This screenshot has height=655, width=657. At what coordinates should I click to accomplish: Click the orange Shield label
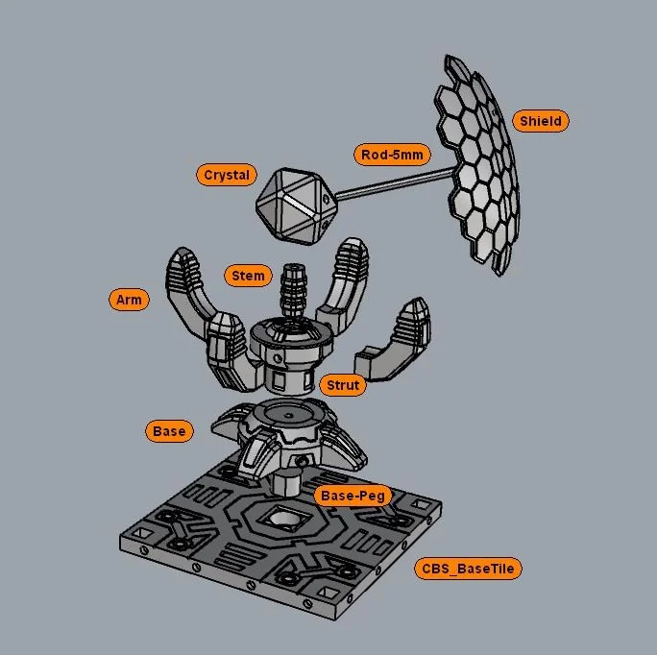click(541, 121)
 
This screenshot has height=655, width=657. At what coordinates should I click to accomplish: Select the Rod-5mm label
click(391, 154)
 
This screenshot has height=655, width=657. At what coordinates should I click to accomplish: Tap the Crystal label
click(227, 175)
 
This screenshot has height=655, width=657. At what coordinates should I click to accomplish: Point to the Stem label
click(248, 276)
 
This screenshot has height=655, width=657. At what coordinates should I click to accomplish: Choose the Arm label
click(129, 300)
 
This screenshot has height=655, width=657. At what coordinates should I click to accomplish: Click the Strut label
click(343, 385)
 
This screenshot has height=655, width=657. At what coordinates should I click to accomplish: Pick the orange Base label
click(169, 431)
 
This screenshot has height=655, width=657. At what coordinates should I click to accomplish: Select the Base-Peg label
click(353, 496)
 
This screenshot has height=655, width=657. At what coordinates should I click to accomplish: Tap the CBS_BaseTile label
click(469, 569)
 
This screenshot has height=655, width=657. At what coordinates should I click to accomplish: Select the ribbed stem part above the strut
click(294, 288)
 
